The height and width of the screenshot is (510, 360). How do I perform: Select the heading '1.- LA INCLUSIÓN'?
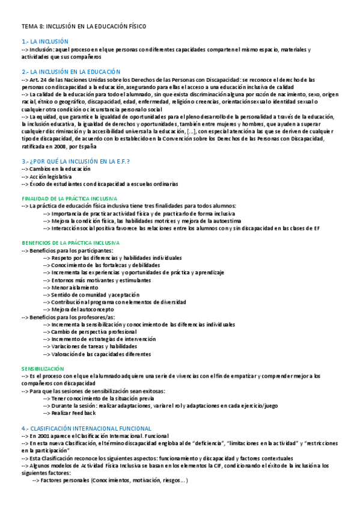click(x=45, y=41)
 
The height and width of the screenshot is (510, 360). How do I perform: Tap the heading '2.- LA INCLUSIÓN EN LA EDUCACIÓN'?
click(x=71, y=72)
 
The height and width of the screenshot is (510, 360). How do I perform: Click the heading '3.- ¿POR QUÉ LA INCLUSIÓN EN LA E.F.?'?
click(x=76, y=162)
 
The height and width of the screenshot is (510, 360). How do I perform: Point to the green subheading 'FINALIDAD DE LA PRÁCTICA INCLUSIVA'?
click(x=69, y=198)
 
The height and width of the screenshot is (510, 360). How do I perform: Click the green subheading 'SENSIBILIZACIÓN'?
click(x=43, y=368)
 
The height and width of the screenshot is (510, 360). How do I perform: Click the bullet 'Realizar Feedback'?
click(x=73, y=413)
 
